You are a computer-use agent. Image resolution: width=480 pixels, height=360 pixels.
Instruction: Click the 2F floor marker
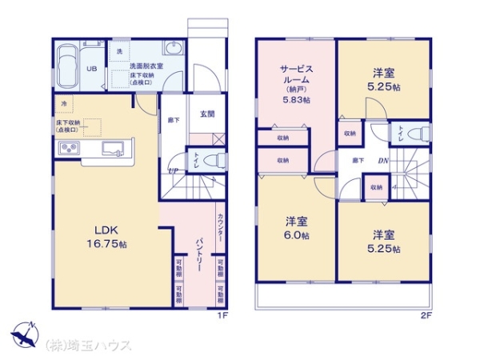pos(427,314)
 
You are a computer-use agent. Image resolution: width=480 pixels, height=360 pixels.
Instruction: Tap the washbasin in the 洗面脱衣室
pos(172,47)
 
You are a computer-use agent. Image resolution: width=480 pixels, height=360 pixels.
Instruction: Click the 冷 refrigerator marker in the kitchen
pos(63,104)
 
